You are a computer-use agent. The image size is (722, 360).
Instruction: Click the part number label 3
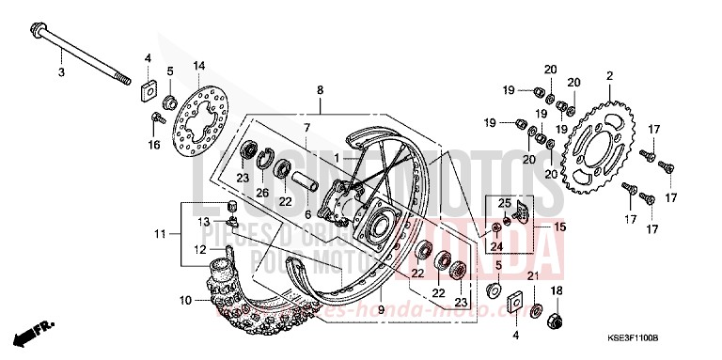[x=61, y=72]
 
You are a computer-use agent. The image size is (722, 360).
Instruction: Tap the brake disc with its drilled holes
[x=199, y=121]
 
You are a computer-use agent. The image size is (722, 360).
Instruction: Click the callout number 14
[x=199, y=66]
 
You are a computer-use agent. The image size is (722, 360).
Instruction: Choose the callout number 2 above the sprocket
[x=609, y=75]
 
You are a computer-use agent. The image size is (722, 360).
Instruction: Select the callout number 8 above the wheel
[x=320, y=90]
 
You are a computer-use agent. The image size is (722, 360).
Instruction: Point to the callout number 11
[x=160, y=232]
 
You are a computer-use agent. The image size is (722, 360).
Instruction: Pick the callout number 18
[x=557, y=290]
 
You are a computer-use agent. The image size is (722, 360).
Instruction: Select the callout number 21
[x=532, y=275]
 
